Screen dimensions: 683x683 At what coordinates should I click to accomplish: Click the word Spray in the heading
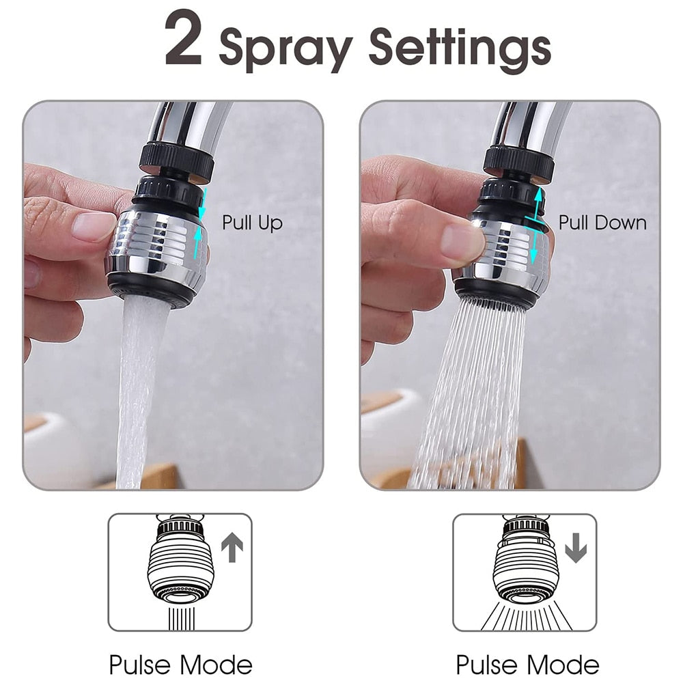click(x=285, y=47)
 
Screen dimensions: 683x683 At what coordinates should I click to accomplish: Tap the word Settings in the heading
click(x=459, y=47)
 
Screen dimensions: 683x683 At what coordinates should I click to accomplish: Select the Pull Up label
click(x=252, y=223)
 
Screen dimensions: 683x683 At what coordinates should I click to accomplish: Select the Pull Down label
click(x=602, y=223)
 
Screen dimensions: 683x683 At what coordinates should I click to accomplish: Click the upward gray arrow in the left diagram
click(x=232, y=548)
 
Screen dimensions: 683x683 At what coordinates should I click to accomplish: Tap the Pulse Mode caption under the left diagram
click(x=180, y=664)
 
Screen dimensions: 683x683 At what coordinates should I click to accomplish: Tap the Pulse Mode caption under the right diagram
click(x=527, y=664)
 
